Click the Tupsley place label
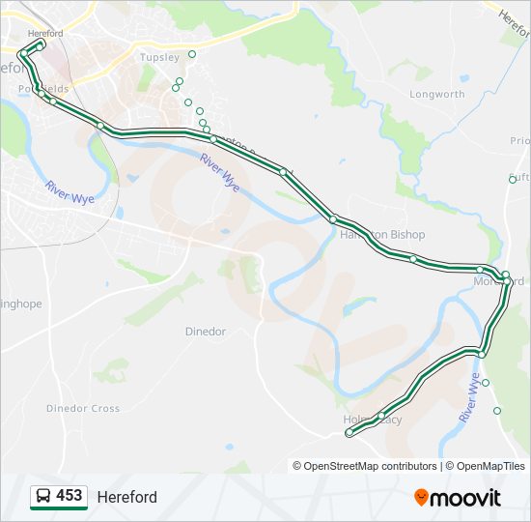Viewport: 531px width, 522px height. pyautogui.click(x=159, y=57)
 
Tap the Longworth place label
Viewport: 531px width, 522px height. pyautogui.click(x=436, y=95)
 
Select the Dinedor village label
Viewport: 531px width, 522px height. pyautogui.click(x=205, y=332)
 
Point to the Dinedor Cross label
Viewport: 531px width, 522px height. pyautogui.click(x=83, y=409)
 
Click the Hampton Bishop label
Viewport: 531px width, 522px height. pyautogui.click(x=382, y=235)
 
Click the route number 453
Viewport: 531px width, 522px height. pyautogui.click(x=69, y=496)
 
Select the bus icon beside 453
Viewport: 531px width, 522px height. pyautogui.click(x=43, y=497)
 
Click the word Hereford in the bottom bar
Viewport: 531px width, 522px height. pyautogui.click(x=126, y=498)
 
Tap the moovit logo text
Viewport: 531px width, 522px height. pyautogui.click(x=466, y=498)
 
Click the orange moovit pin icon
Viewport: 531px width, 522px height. pyautogui.click(x=421, y=497)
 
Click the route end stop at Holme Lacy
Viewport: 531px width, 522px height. pyautogui.click(x=349, y=433)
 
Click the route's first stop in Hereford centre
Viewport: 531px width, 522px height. pyautogui.click(x=41, y=43)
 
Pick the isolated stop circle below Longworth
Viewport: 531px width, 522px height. pyautogui.click(x=513, y=179)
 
